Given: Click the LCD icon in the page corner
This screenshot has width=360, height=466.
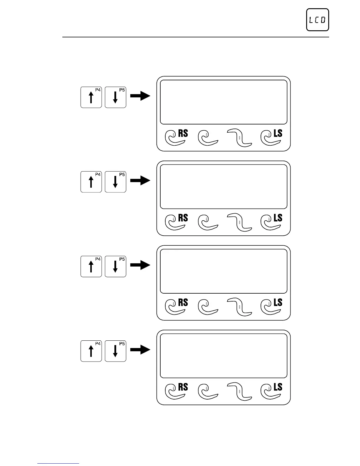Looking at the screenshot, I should coord(317,20).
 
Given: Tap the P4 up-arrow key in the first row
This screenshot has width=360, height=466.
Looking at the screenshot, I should coord(91,97).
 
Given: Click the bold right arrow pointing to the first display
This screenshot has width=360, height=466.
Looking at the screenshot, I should coord(140,96).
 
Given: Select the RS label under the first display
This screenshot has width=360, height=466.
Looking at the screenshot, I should coord(183,134).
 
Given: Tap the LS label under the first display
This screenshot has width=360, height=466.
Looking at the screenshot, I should coord(278,134).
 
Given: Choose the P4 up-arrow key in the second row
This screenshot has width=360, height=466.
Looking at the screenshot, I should coord(91,182).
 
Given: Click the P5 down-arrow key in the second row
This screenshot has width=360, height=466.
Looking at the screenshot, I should coord(115,182).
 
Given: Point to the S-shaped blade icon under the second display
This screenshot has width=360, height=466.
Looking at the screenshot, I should coord(240,222).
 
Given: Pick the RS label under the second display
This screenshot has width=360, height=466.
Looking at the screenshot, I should coord(183,218).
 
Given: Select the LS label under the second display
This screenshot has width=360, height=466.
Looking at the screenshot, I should coord(278,218).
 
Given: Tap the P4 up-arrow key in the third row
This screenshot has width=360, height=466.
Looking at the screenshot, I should coord(91,266).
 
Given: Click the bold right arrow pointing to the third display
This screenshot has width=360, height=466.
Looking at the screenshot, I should coord(140,265).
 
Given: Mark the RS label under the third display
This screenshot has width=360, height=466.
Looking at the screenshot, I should coord(183,302).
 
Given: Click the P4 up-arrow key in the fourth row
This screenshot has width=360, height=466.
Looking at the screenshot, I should coord(91,351).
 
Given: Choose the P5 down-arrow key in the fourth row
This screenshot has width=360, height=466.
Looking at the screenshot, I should coord(115,351).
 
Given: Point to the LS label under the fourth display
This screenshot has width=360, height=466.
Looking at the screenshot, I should coord(278,387).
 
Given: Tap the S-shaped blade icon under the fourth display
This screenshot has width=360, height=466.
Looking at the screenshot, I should coord(240,391).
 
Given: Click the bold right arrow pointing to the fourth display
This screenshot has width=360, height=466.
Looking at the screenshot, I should coord(140,349).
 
